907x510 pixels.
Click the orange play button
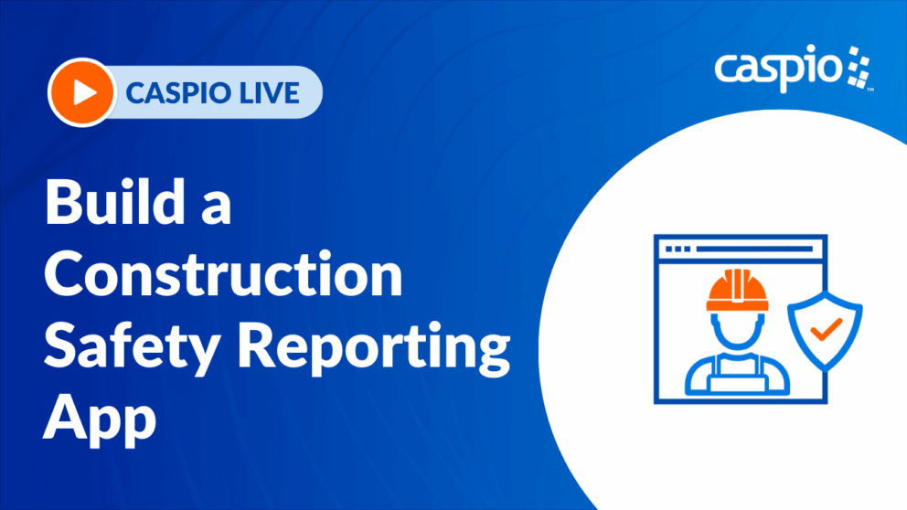pos(81,92)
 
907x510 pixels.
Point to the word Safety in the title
pos(132,347)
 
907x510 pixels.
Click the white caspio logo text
pos(779,69)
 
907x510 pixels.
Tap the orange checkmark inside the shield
pos(826,329)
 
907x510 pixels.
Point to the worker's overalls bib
pos(738,377)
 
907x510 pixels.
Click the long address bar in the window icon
pos(755,250)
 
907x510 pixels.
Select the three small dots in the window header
pos(678,250)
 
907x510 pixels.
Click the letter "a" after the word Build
pos(217,207)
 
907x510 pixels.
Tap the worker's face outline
pos(738,333)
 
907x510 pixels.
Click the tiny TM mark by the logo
pos(870,90)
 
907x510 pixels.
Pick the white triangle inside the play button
pos(84,92)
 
